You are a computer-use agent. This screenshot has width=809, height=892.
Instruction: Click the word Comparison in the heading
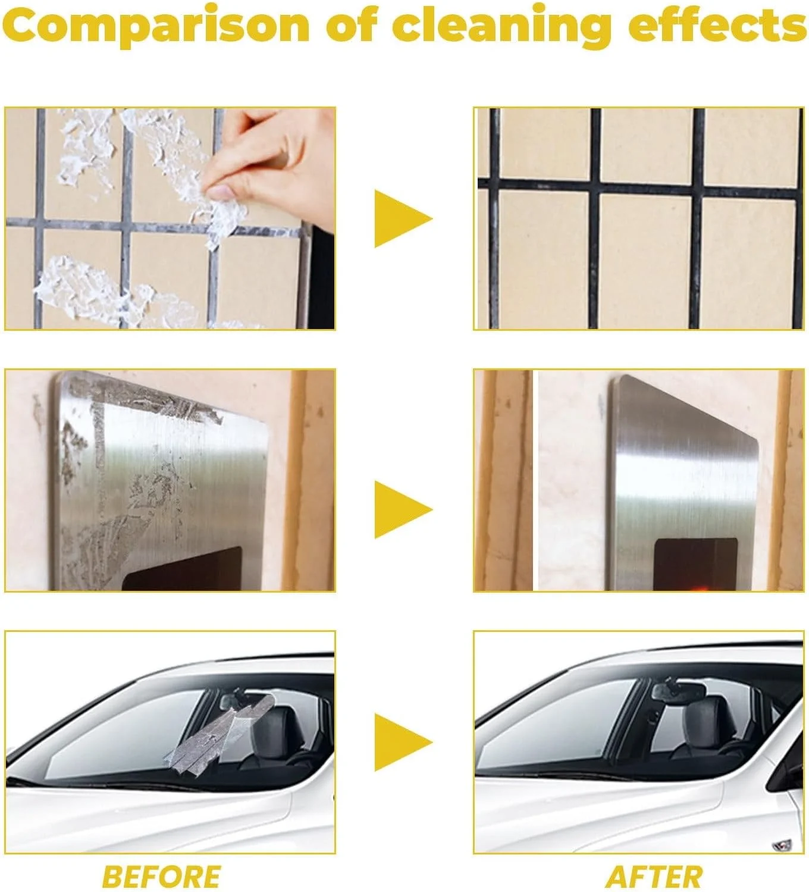tap(156, 26)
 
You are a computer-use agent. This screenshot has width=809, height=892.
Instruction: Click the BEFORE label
tap(162, 877)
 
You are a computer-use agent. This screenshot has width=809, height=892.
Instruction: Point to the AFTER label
tap(654, 877)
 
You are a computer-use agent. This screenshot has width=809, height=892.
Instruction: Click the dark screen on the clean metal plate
tap(695, 565)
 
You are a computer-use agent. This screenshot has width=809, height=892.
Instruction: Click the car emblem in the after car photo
tap(783, 845)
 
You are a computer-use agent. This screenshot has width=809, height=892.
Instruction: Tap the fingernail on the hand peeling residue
tap(221, 192)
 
